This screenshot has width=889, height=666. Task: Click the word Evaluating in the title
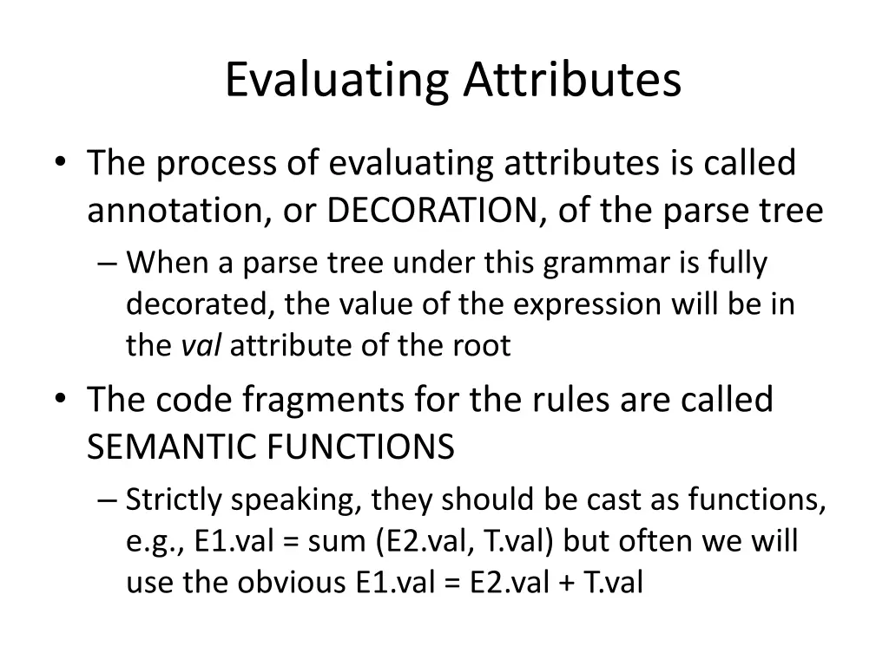[x=337, y=81]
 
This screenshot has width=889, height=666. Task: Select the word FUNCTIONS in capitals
[x=360, y=447]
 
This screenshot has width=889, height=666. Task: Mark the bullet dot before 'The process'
[x=59, y=163]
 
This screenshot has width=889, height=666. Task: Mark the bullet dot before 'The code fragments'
[x=59, y=400]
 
